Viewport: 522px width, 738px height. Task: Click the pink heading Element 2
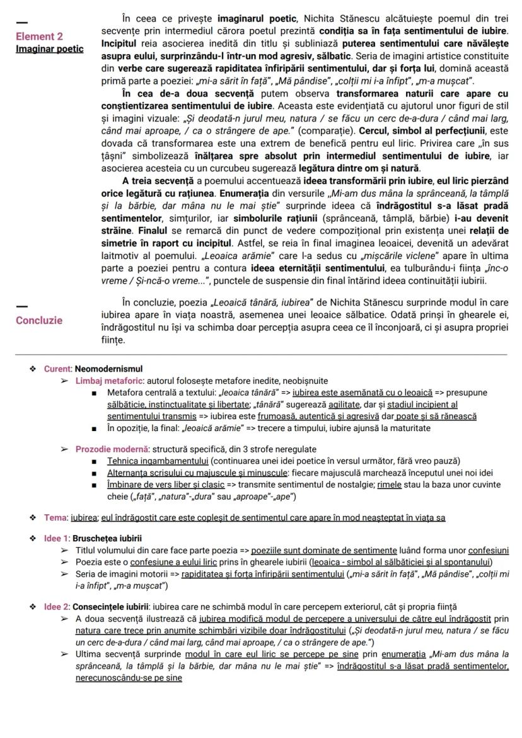(x=39, y=37)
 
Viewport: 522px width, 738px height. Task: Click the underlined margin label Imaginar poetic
(x=49, y=49)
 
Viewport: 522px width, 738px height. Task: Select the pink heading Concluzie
(x=39, y=320)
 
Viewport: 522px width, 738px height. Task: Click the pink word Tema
(x=54, y=518)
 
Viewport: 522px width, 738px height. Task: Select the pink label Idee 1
(x=56, y=538)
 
